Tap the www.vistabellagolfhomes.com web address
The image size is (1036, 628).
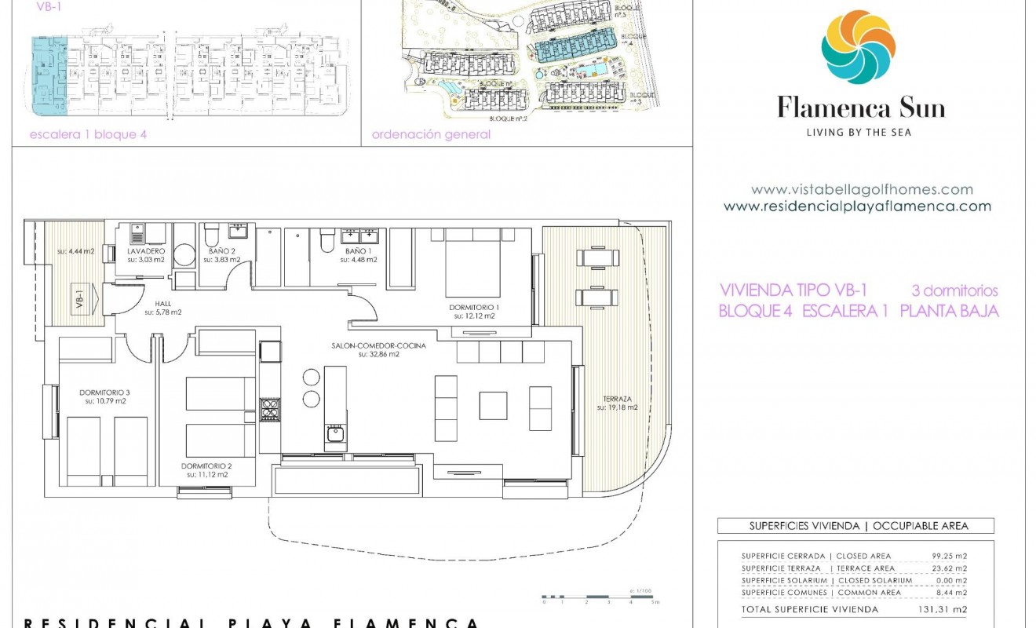(861, 189)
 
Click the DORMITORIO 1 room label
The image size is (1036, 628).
(474, 307)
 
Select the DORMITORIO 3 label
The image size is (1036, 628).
(104, 392)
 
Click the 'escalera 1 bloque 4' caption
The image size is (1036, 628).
(88, 134)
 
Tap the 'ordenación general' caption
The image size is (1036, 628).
(431, 134)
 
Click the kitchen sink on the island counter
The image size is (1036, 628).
(336, 434)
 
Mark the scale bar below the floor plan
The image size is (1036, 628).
(600, 598)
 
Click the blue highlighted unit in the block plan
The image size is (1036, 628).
(49, 75)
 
